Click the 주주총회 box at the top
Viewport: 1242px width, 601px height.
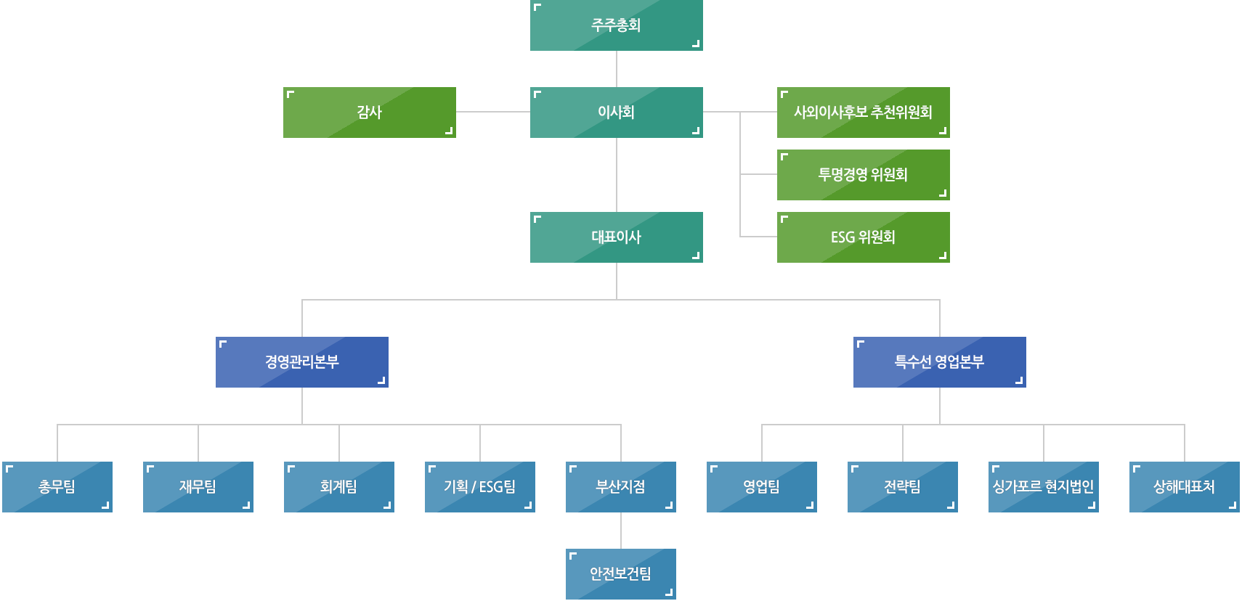coord(616,25)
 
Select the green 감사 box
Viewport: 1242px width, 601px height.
coord(369,113)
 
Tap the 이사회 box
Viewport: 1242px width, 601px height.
coord(616,113)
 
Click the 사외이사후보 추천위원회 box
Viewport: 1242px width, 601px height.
coord(863,113)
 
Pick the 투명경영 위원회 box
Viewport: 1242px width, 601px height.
coord(863,175)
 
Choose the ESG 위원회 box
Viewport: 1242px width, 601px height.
coord(863,237)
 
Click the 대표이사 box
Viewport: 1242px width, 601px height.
coord(616,237)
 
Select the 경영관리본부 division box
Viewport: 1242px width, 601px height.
coord(301,362)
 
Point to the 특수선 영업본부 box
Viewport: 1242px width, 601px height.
coord(939,362)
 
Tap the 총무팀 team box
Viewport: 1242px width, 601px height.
coord(57,487)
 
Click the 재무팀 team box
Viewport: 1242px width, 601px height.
coord(198,487)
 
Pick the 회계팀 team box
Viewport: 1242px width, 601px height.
coord(338,487)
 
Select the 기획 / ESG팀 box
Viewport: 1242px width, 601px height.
coord(479,487)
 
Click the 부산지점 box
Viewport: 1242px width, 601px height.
coord(620,487)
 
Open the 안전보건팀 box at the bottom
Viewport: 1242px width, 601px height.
coord(620,574)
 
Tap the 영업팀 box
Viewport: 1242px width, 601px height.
coord(761,487)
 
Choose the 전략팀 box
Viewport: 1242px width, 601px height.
coord(902,487)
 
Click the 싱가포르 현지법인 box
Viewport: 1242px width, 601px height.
coord(1043,487)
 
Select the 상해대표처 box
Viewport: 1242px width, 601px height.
coord(1184,487)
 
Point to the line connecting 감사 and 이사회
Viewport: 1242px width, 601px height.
coord(492,112)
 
